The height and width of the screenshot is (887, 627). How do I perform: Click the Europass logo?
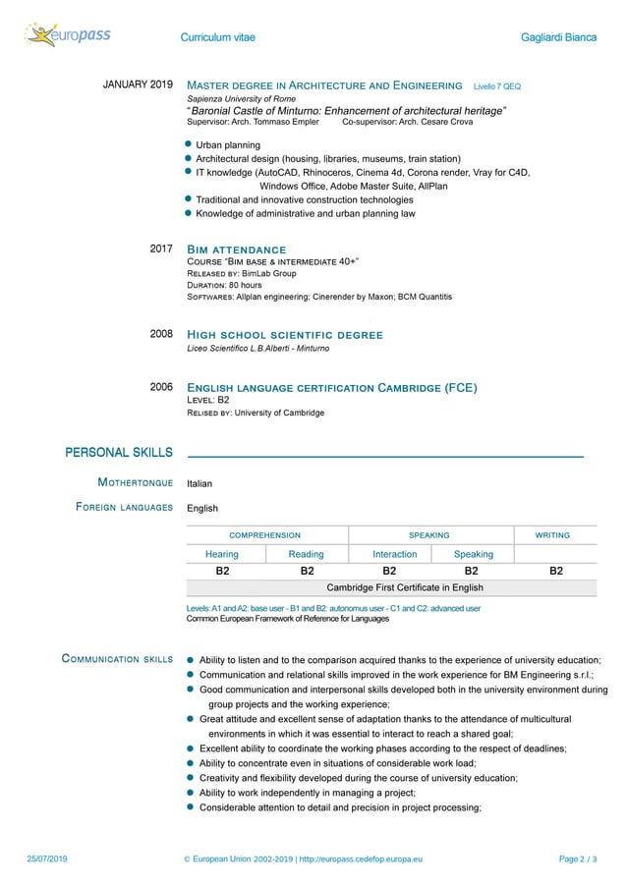pos(67,36)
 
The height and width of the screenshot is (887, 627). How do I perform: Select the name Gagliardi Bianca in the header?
pos(558,37)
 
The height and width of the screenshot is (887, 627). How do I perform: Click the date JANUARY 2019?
pos(139,85)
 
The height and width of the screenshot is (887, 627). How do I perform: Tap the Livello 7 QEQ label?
pos(496,86)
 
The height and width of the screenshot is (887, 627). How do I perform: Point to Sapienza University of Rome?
pos(241,99)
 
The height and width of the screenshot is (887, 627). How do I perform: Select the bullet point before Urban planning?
pos(190,144)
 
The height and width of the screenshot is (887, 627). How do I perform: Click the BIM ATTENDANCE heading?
pos(236,250)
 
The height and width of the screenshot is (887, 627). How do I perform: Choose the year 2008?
pos(161,335)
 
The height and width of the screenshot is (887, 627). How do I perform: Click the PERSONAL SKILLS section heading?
pos(119,453)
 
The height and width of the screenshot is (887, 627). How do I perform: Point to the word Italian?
pos(199,484)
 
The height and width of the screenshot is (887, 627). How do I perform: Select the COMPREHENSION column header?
pos(265,535)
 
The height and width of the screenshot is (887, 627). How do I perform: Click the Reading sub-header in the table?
pos(306,554)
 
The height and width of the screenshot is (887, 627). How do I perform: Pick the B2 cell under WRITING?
pos(555,571)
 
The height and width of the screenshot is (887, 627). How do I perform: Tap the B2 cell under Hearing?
pos(223,571)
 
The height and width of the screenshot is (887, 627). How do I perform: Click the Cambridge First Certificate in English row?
pos(405,588)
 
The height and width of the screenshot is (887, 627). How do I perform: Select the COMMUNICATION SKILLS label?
pos(117,659)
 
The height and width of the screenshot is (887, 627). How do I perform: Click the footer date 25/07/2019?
pos(47,859)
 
